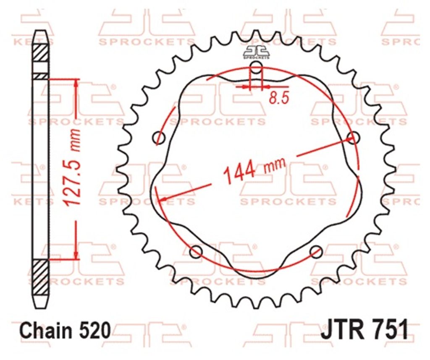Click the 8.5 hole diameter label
tap(279, 98)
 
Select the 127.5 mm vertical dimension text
tap(73, 167)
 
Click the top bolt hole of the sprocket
tap(257, 68)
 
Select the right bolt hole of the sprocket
tap(353, 137)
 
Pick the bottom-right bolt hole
tap(316, 251)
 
